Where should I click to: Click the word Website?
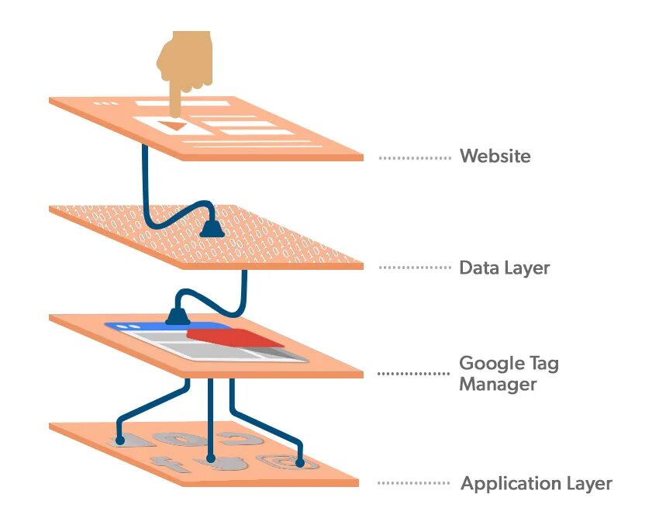pyautogui.click(x=495, y=156)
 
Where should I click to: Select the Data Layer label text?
pyautogui.click(x=504, y=268)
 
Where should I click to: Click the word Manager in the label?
pyautogui.click(x=498, y=383)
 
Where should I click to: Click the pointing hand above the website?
pyautogui.click(x=183, y=61)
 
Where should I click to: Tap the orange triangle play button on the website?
pyautogui.click(x=173, y=125)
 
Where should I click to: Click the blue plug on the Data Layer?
pyautogui.click(x=210, y=229)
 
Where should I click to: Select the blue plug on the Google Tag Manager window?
pyautogui.click(x=175, y=316)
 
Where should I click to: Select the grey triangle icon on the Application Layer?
pyautogui.click(x=132, y=440)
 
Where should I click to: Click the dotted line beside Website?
pyautogui.click(x=415, y=157)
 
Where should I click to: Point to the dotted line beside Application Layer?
pyautogui.click(x=414, y=483)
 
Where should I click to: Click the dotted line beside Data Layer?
pyautogui.click(x=415, y=268)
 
